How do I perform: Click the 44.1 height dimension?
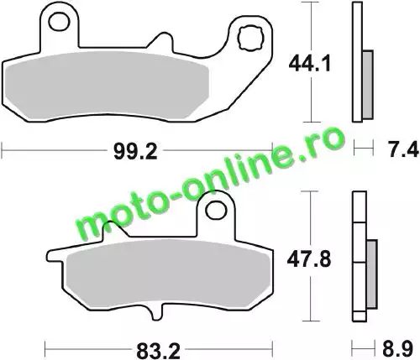pyautogui.click(x=310, y=64)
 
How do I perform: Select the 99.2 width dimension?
pyautogui.click(x=135, y=152)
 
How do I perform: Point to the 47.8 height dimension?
pyautogui.click(x=309, y=259)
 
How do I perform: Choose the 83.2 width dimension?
pyautogui.click(x=158, y=351)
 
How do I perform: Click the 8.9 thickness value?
pyautogui.click(x=398, y=349)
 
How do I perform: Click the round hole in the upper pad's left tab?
pyautogui.click(x=59, y=22)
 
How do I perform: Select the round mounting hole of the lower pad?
pyautogui.click(x=216, y=210)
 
